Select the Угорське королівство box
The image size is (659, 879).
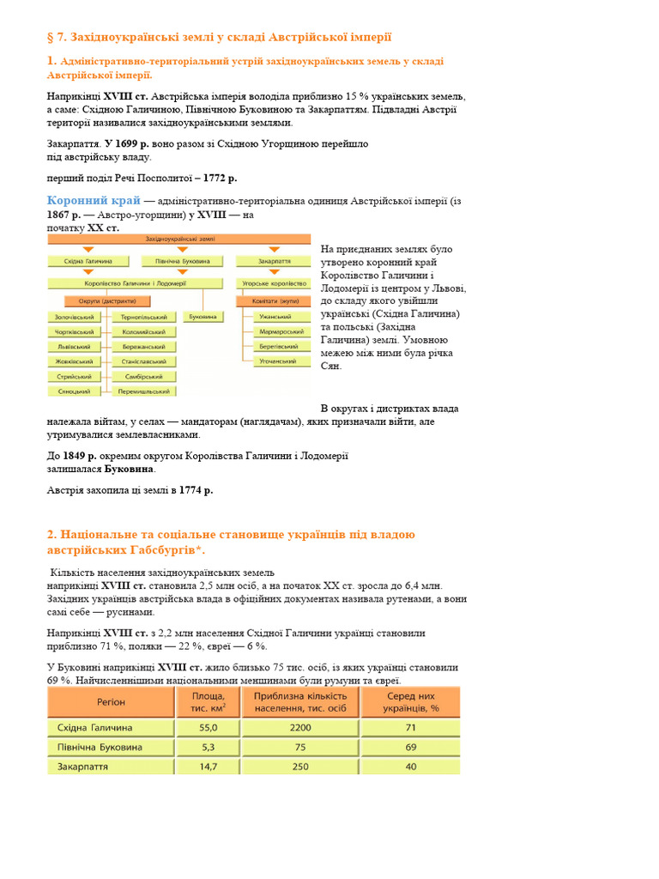coord(274,282)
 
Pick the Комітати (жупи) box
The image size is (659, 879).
coord(275,301)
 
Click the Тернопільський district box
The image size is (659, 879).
coord(145,317)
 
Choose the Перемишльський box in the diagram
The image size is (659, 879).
coord(145,391)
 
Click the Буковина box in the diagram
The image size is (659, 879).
coord(203,317)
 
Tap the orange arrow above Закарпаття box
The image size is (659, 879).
coord(275,250)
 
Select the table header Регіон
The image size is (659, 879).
coord(111,701)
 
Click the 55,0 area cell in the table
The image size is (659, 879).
coord(208,727)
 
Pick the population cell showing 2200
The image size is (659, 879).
coord(300,727)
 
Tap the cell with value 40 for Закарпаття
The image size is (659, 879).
coord(410,766)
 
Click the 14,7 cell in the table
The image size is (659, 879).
coord(208,766)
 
